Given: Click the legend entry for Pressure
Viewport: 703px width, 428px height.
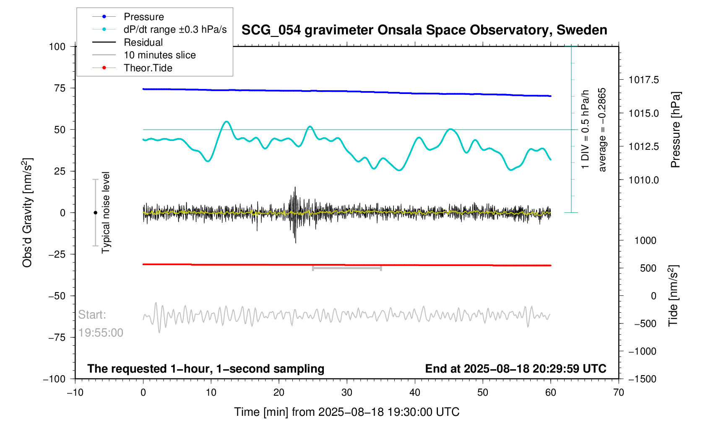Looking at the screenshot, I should [143, 17].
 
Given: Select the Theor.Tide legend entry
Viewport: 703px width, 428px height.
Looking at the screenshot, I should [148, 68].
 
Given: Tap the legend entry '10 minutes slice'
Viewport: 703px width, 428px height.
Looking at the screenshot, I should [159, 55].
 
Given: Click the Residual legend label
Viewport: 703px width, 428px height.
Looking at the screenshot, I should [143, 42].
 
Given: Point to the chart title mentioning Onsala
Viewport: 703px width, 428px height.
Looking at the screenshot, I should [424, 30].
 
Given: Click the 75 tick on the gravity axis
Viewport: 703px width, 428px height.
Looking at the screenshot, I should [57, 88].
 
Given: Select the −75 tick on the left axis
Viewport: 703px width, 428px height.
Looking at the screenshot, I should [54, 337].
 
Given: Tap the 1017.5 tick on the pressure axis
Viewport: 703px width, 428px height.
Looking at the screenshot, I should [643, 80].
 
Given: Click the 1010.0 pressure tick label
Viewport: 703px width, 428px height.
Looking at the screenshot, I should [643, 180].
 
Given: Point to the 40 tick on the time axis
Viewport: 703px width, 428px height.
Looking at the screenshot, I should [415, 393].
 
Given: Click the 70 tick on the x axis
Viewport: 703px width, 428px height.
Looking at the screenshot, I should [619, 393].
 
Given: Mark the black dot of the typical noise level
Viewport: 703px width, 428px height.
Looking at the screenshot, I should [95, 213].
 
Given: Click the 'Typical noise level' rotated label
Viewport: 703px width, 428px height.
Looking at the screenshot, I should [106, 213].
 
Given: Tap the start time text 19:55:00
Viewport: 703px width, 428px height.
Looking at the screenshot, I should [101, 333].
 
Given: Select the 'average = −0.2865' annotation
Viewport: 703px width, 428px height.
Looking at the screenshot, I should [602, 130].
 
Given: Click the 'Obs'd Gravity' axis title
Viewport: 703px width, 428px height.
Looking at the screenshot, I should [27, 213].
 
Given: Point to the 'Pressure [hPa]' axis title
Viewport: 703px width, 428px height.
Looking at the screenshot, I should [675, 130].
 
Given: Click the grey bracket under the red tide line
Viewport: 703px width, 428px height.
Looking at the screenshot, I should [347, 268].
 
